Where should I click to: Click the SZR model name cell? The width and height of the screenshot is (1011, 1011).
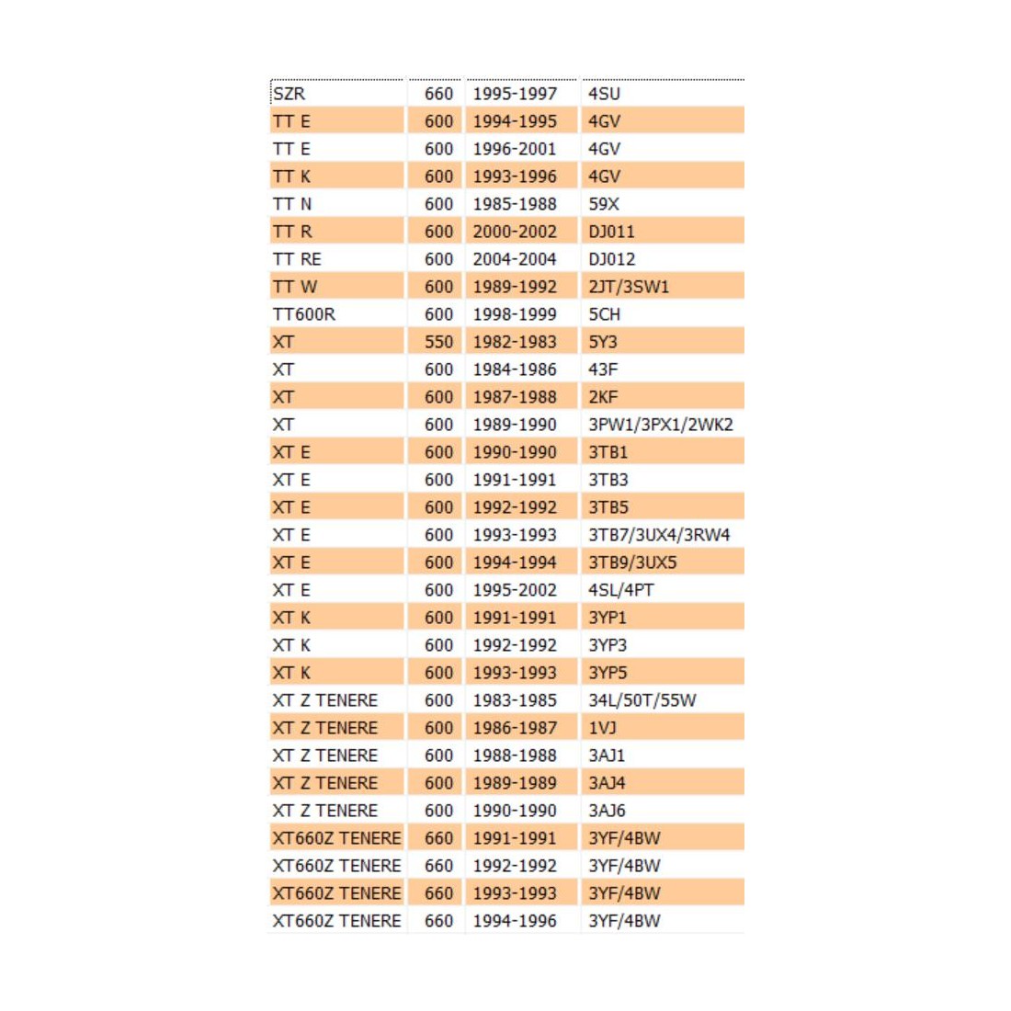[x=290, y=94]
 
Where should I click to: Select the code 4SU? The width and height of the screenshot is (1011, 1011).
[x=604, y=94]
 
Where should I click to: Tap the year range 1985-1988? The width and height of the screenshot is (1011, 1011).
[x=515, y=204]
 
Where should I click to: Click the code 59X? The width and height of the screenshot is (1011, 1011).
[x=604, y=204]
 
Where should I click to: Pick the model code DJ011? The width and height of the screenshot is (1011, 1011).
[x=611, y=232]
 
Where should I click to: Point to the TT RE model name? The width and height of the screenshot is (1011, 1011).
[x=297, y=259]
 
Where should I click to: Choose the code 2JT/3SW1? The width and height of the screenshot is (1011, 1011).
[x=629, y=287]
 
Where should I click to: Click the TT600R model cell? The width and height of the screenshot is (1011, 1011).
[x=304, y=314]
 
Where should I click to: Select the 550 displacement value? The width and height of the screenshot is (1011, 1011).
[x=438, y=342]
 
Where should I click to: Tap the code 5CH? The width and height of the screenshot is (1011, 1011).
[x=604, y=314]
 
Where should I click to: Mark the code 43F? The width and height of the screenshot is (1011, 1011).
[x=603, y=369]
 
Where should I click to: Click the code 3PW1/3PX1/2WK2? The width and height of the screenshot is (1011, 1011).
[x=660, y=425]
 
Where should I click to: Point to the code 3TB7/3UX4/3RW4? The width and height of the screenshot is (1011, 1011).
[x=659, y=535]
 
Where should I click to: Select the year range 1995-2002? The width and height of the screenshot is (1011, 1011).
[x=515, y=590]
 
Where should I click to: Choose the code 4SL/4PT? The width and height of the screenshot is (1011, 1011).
[x=621, y=590]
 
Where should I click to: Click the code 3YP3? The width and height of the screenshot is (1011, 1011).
[x=608, y=645]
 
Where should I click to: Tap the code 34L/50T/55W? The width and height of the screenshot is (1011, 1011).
[x=642, y=700]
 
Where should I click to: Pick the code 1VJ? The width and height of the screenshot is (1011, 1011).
[x=602, y=728]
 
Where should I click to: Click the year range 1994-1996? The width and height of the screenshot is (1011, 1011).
[x=515, y=921]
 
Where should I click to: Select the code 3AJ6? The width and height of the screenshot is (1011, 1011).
[x=607, y=811]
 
